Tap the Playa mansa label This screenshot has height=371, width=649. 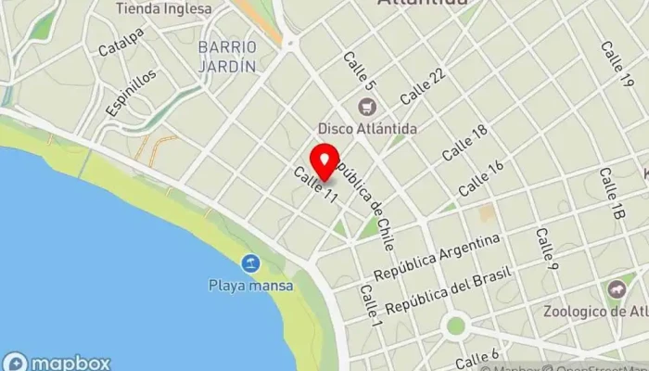point(250,286)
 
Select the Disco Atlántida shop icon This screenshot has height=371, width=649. point(367,108)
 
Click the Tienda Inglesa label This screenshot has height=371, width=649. point(163,9)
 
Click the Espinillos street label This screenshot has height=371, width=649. point(124,95)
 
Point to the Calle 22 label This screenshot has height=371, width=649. point(423,86)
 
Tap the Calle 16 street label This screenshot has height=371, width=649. point(480,177)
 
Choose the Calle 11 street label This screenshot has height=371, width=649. point(314,185)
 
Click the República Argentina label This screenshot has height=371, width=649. point(437,259)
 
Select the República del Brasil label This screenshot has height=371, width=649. point(449,294)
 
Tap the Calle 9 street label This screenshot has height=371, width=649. point(545,243)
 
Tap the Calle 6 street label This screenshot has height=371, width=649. point(478,356)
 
